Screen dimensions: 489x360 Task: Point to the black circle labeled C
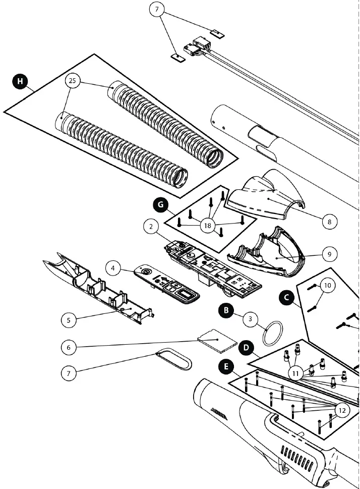(287, 297)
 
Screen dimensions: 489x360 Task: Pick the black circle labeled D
(246, 348)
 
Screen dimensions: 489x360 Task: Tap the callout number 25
(73, 80)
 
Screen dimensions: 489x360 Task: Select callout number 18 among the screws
(207, 226)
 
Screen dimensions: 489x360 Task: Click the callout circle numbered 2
(151, 227)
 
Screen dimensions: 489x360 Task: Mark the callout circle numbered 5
(69, 319)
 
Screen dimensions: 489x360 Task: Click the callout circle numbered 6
(69, 347)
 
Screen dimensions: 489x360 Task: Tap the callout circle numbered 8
(328, 221)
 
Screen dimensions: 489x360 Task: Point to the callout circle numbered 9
(328, 254)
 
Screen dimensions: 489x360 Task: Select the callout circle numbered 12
(341, 410)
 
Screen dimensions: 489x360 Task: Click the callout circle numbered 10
(327, 286)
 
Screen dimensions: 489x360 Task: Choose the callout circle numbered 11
(296, 373)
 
